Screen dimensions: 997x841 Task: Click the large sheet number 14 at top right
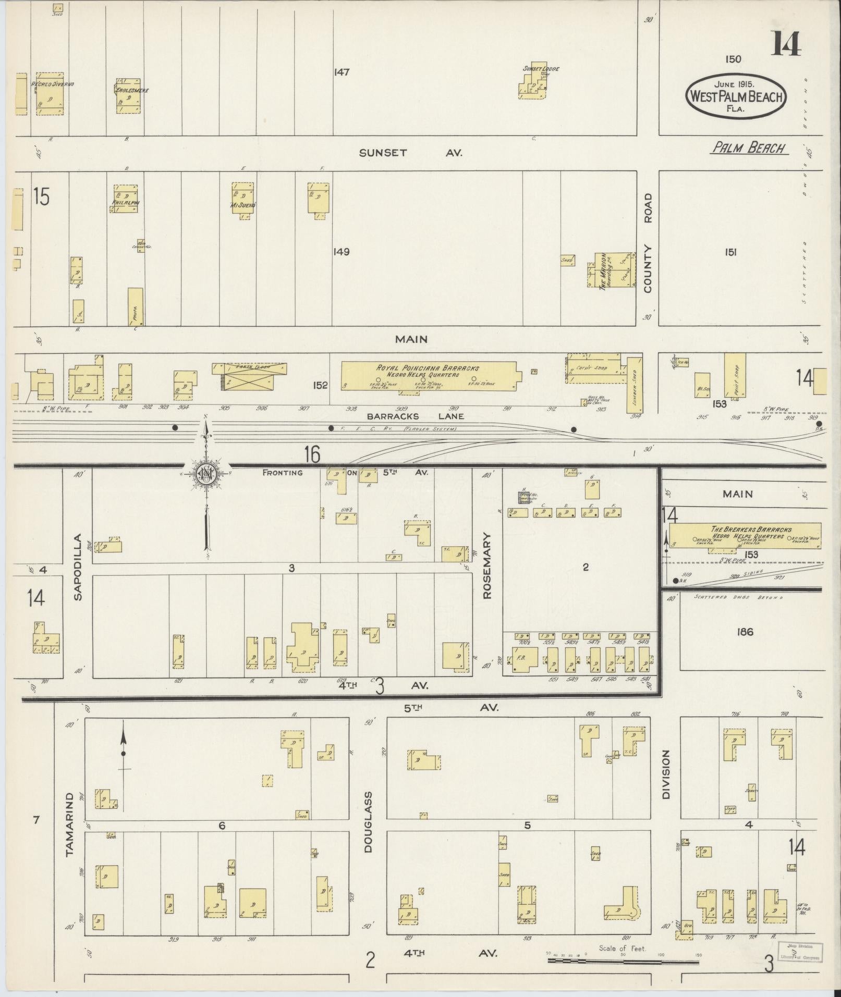[x=786, y=44]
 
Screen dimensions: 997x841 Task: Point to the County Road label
[x=648, y=243]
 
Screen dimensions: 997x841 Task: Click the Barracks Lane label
[x=415, y=416]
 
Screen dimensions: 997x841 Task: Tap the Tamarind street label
[x=70, y=832]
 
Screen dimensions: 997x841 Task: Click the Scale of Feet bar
[x=623, y=960]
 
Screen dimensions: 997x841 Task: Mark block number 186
[x=745, y=632]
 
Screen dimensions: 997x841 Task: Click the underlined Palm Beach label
[x=750, y=148]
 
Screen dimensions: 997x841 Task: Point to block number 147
[x=342, y=72]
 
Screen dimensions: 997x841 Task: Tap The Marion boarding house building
[x=612, y=270]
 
